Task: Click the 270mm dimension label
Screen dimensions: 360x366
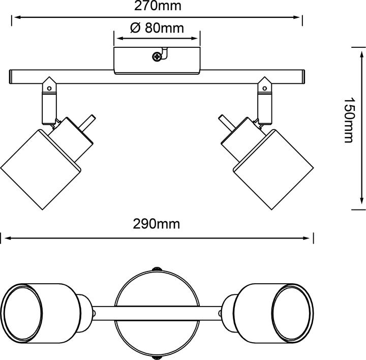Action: pos(157,7)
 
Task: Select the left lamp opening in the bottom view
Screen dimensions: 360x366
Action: pos(22,309)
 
